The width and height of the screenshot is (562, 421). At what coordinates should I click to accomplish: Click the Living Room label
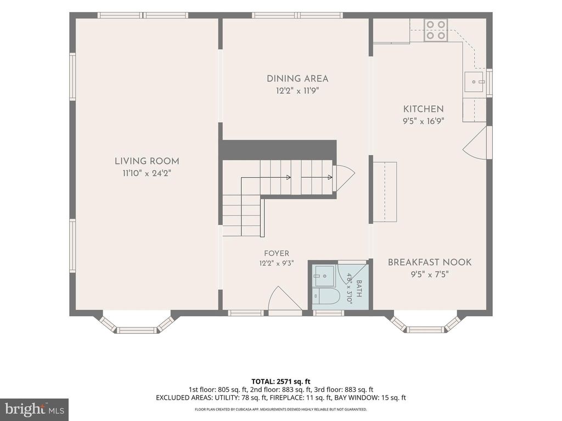point(147,161)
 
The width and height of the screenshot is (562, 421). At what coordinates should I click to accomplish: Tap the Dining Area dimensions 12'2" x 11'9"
point(297,90)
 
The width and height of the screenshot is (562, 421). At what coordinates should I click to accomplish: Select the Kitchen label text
point(423,109)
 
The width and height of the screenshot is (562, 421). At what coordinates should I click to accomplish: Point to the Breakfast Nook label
point(429,262)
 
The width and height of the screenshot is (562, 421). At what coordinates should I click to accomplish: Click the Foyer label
point(277,253)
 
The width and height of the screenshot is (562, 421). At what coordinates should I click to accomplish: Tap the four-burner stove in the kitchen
point(435,30)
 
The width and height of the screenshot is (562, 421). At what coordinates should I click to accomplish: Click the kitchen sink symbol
point(474,82)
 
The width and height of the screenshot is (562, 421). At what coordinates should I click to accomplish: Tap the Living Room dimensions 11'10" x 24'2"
point(147,173)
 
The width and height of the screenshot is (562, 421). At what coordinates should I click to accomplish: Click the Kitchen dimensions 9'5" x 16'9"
point(423,121)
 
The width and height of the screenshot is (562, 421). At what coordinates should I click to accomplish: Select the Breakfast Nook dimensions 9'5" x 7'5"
point(429,275)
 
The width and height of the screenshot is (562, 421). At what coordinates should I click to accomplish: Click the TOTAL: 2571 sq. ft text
point(280,382)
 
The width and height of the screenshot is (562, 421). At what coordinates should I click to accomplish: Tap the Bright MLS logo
point(35,409)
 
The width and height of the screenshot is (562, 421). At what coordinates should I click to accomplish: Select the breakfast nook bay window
point(425,323)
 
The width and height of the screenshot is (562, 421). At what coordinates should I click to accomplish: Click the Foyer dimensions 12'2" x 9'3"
point(277,264)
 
